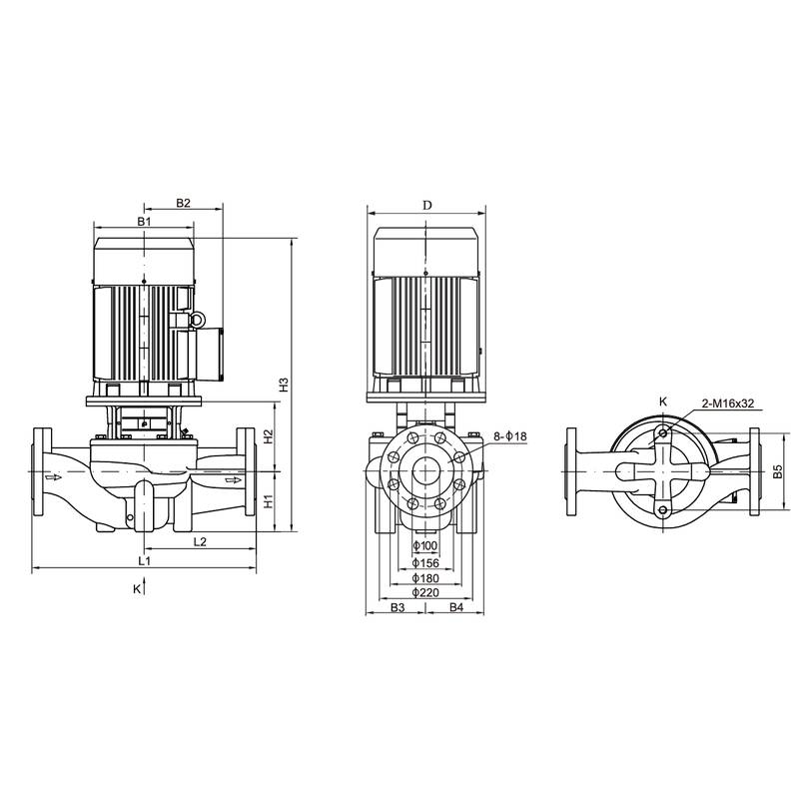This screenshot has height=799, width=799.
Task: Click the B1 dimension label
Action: click(x=144, y=220)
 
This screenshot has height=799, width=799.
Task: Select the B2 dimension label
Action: click(x=183, y=203)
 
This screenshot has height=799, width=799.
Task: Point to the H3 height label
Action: click(x=284, y=384)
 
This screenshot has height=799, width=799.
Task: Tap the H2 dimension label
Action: click(x=268, y=436)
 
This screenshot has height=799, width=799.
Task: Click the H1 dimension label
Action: click(x=268, y=502)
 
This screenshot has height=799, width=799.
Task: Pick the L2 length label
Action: click(x=199, y=541)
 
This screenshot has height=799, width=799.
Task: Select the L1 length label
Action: click(x=144, y=562)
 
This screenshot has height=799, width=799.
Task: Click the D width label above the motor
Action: click(x=426, y=205)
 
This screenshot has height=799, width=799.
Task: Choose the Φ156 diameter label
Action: click(x=426, y=561)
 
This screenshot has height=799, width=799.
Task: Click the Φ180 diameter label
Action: click(x=426, y=577)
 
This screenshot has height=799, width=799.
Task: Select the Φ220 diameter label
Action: click(x=426, y=592)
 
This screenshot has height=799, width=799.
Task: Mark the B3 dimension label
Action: click(x=397, y=607)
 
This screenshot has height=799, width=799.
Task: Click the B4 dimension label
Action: click(x=455, y=607)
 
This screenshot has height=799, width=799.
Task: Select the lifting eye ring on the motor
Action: click(x=197, y=320)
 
